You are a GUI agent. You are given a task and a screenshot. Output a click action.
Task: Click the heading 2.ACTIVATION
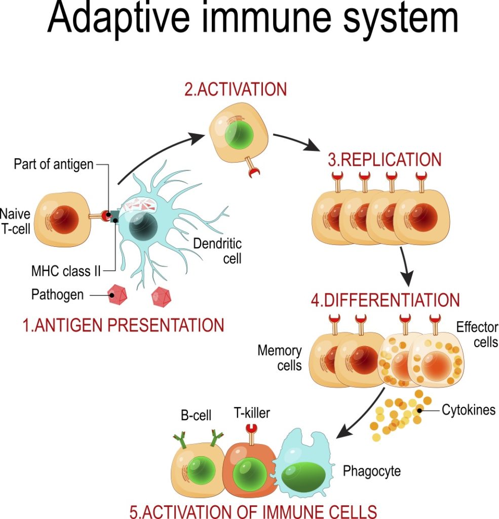point(235,90)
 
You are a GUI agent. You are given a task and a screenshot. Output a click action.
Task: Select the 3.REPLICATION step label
point(385,160)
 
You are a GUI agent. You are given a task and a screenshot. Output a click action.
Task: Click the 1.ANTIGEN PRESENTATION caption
point(123,325)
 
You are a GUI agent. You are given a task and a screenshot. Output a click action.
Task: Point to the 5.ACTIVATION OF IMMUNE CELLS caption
point(253,510)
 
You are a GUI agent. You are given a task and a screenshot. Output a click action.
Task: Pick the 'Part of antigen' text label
point(54,165)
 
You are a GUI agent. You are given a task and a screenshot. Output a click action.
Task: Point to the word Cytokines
point(469,410)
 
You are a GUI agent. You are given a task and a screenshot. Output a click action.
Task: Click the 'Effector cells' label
point(477,335)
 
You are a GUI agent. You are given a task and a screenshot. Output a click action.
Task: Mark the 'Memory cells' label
point(280,357)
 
